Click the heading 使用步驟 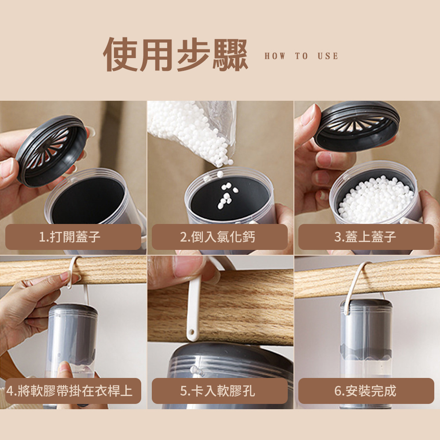[176, 55]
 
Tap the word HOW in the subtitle [275, 56]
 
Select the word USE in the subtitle [328, 56]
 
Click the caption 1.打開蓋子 [70, 237]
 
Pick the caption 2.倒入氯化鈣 [218, 237]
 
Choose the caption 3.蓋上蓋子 [365, 237]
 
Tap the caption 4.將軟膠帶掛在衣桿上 [70, 391]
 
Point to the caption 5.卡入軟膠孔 [218, 391]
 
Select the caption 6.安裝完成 [365, 391]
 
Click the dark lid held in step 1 [51, 150]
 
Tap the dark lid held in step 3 [357, 126]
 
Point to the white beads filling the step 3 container [376, 199]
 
